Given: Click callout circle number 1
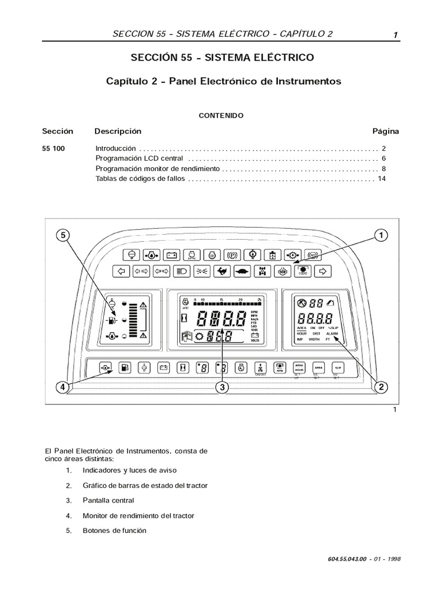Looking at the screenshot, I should (x=380, y=235).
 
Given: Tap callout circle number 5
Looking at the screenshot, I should (x=63, y=235).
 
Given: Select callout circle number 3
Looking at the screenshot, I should (x=221, y=388).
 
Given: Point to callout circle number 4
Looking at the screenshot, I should (x=63, y=388).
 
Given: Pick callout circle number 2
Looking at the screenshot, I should (x=380, y=388).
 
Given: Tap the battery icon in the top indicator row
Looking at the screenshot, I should (x=171, y=254).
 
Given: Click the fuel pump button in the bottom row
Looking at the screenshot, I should (x=125, y=366).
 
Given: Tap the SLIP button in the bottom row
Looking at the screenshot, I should (x=337, y=366).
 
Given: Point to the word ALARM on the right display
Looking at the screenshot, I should (x=332, y=334).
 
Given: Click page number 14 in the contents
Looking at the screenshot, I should (x=381, y=179).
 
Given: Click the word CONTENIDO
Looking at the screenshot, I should (x=221, y=115).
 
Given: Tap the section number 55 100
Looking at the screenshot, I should (x=54, y=148).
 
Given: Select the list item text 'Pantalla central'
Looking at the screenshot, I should (x=108, y=500).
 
